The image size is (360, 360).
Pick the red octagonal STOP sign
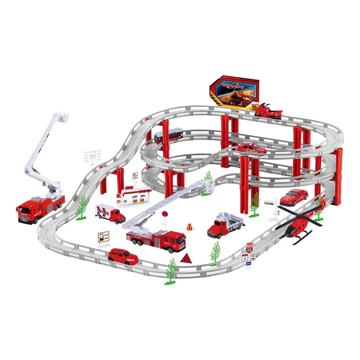point(165,214)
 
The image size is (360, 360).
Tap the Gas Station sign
point(103,236)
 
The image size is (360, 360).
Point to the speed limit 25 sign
point(245,257)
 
